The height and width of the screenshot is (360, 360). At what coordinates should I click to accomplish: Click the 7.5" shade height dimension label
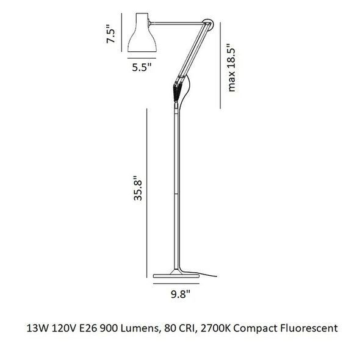point(110,34)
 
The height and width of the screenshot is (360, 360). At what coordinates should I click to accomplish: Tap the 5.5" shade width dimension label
point(142,68)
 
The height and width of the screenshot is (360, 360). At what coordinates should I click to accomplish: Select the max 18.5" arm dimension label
point(231,68)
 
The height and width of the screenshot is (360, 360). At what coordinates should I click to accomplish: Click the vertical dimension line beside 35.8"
point(147,189)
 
